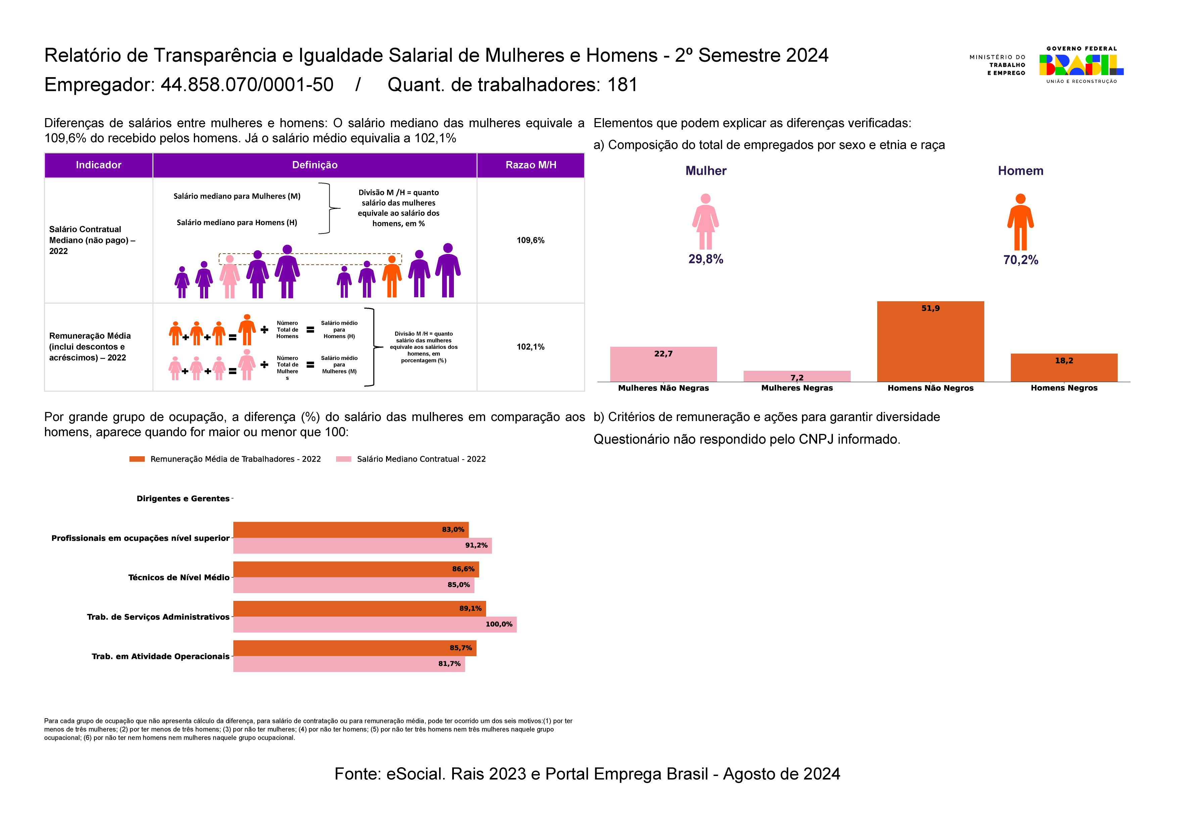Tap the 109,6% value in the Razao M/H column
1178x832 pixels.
coord(530,241)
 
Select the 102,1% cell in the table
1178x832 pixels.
coord(530,347)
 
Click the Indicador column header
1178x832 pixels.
coord(98,165)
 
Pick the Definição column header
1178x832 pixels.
coord(315,165)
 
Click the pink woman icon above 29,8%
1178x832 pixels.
coord(705,221)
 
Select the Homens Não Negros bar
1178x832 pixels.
coord(930,342)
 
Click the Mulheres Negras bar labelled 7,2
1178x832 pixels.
coord(797,376)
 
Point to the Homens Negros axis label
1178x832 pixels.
coord(1064,388)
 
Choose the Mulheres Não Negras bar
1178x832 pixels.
coord(663,364)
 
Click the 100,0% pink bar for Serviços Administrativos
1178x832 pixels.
coord(375,624)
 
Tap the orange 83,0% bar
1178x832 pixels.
coord(350,529)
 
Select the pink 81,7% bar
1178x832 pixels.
coord(349,664)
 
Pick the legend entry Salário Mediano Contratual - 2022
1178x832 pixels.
coord(421,459)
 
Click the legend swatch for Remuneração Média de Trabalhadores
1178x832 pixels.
coord(137,459)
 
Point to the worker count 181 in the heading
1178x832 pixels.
coord(622,85)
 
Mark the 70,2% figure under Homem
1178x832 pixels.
coord(1021,260)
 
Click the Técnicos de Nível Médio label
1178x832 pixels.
coord(179,578)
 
